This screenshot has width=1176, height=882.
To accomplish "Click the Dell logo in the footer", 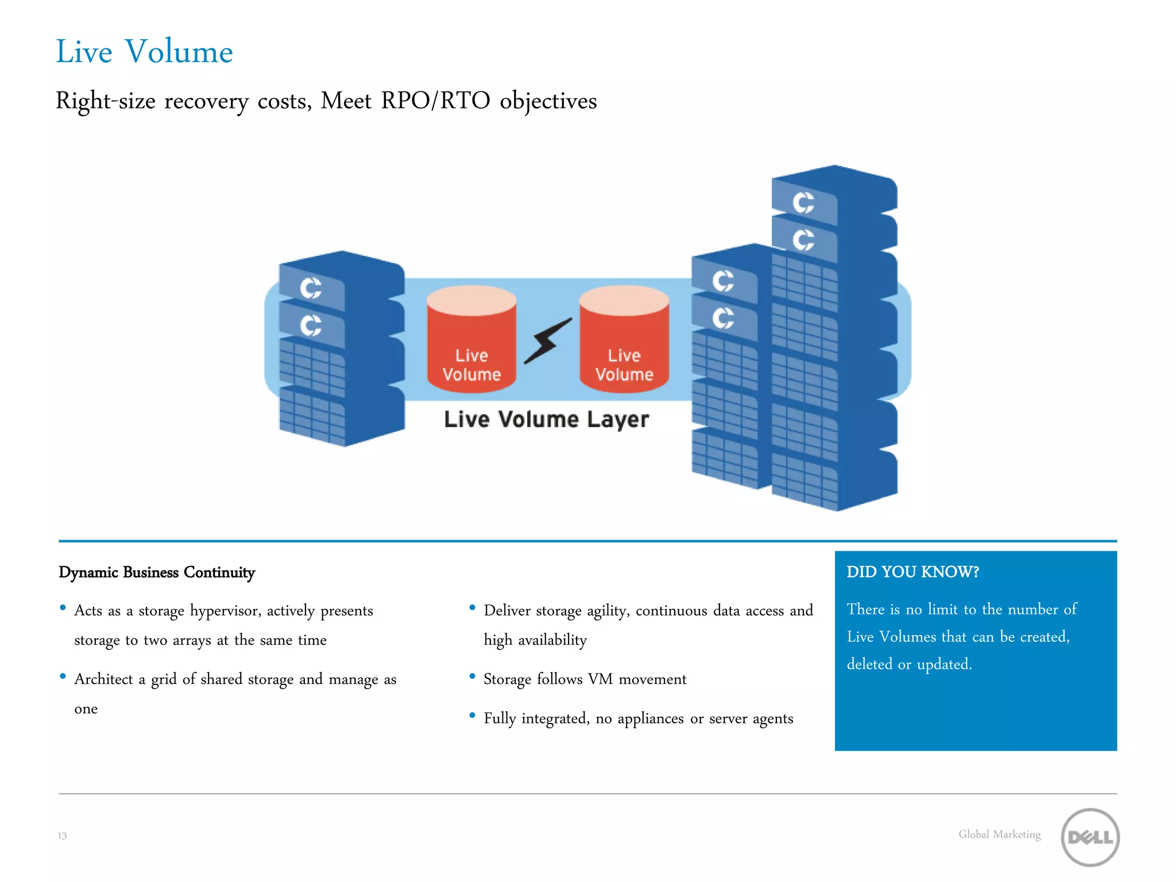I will [1089, 837].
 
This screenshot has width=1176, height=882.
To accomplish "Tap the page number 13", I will [62, 835].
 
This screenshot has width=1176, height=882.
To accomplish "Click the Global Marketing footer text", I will [999, 834].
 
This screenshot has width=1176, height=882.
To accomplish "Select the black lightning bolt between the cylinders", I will [548, 341].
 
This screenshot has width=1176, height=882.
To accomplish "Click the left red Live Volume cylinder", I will [471, 340].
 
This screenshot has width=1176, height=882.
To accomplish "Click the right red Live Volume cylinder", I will [624, 340].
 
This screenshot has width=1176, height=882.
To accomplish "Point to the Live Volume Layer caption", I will [546, 419].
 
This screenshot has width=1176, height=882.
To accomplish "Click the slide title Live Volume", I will [144, 52].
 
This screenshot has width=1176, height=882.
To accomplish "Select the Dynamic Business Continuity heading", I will [157, 572].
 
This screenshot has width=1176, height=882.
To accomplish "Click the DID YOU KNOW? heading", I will [912, 572].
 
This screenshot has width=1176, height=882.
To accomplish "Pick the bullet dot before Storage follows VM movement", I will [472, 676].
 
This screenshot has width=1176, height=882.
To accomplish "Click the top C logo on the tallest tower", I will [803, 202].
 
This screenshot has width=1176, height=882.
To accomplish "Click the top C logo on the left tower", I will [311, 288].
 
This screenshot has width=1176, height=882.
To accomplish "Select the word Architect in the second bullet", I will [103, 679].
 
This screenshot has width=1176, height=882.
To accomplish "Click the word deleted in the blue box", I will [869, 664].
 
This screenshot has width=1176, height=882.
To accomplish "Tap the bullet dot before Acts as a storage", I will [63, 608].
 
